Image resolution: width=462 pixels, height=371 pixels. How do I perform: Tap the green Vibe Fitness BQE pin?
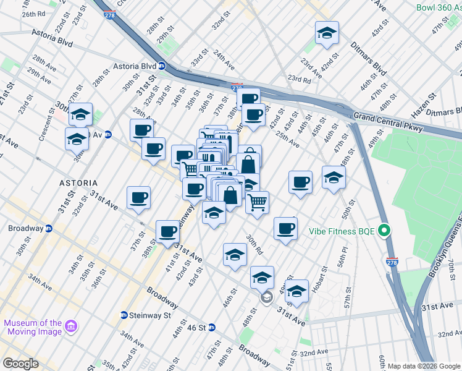[384, 232]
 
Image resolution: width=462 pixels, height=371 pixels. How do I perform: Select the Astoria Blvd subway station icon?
[162, 66]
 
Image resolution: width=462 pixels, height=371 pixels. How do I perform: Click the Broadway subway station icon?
[48, 228]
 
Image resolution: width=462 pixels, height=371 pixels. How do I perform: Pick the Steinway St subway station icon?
[124, 315]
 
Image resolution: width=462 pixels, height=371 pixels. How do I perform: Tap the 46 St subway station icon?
[211, 327]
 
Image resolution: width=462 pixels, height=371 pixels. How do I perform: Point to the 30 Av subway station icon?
[107, 134]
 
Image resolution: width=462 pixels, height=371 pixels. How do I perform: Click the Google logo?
[20, 364]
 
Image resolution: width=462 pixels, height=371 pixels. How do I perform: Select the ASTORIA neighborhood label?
[78, 184]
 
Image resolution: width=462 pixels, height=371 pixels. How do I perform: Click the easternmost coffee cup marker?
[300, 182]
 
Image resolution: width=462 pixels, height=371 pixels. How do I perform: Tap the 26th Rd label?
[33, 14]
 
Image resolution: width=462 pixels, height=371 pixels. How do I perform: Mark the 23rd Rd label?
[299, 79]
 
